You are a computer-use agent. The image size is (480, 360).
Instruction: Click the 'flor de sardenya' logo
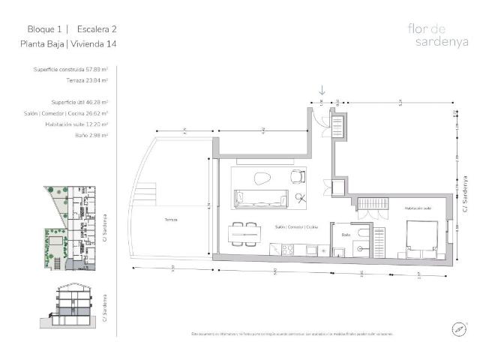[431, 35]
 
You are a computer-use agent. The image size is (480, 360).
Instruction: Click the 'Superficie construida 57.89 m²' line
[71, 69]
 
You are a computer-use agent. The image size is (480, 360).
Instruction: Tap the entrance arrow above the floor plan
[322, 91]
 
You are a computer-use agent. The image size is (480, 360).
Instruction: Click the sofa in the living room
[262, 199]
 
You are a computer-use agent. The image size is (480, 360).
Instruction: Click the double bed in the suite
[420, 237]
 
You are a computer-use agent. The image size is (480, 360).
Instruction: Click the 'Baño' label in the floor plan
[346, 234]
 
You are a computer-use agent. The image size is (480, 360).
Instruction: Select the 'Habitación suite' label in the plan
[417, 208]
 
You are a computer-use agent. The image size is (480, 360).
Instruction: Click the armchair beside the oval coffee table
[298, 176]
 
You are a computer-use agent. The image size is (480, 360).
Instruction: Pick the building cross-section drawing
[73, 305]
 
